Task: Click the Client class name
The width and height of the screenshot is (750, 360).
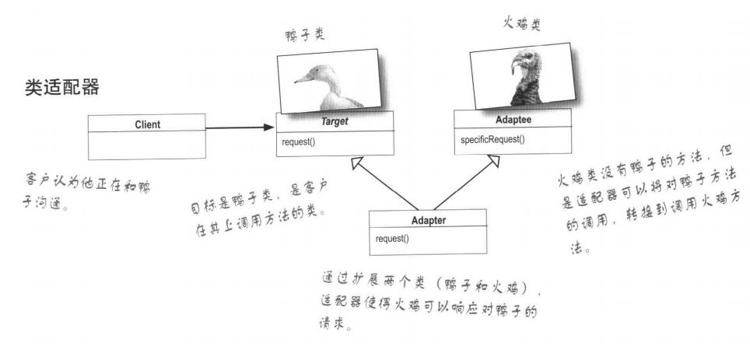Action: (147, 123)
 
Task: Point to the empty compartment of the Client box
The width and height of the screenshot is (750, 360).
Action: (147, 145)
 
